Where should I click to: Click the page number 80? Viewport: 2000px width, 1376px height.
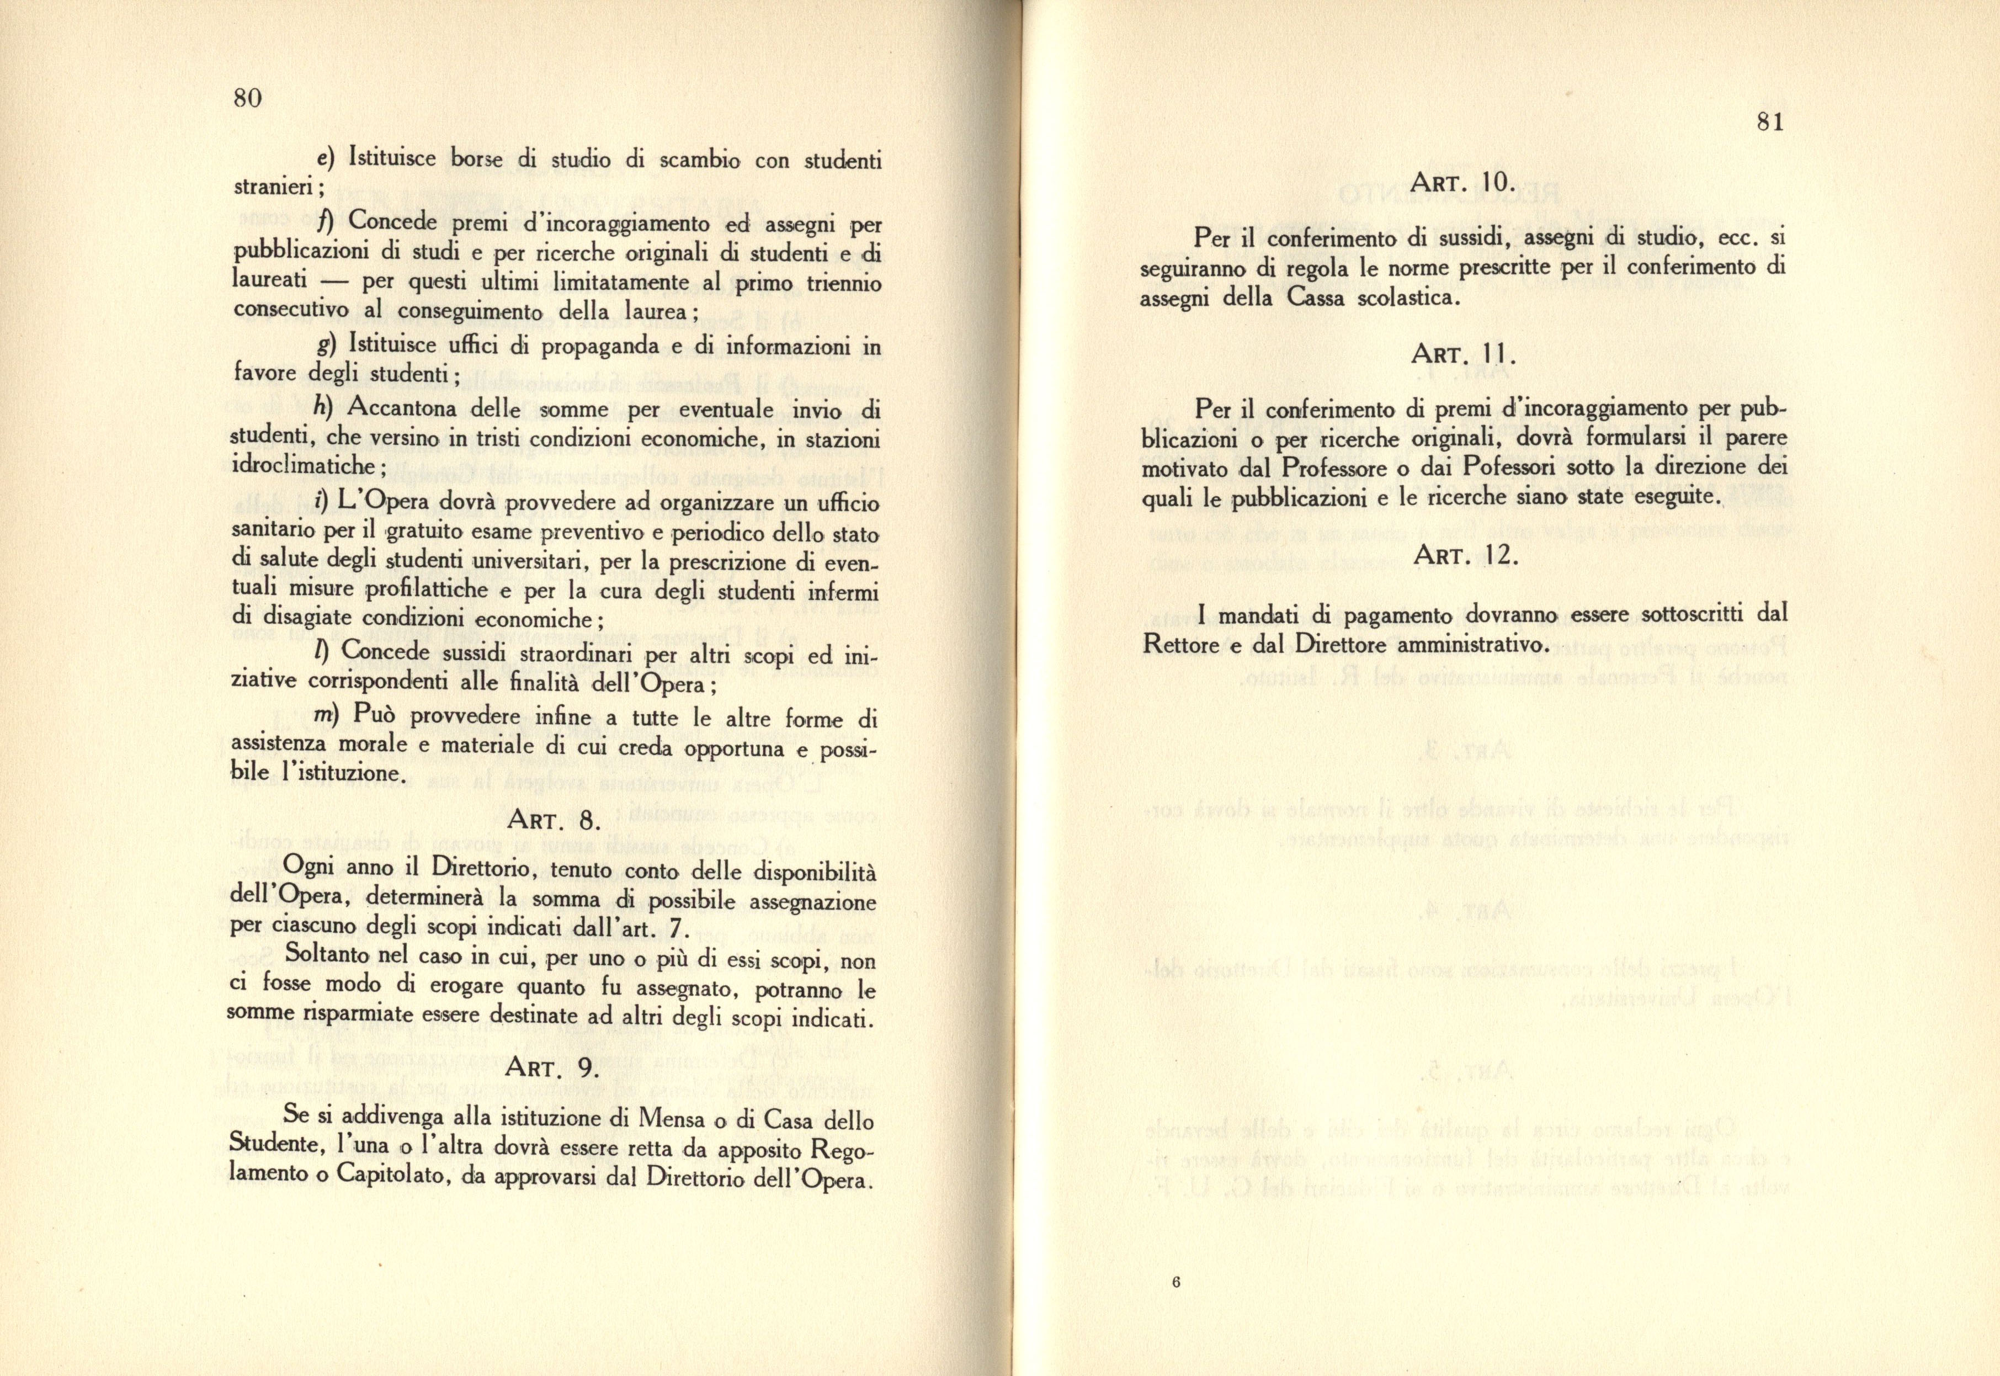pos(247,98)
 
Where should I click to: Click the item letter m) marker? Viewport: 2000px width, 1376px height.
pos(325,716)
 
